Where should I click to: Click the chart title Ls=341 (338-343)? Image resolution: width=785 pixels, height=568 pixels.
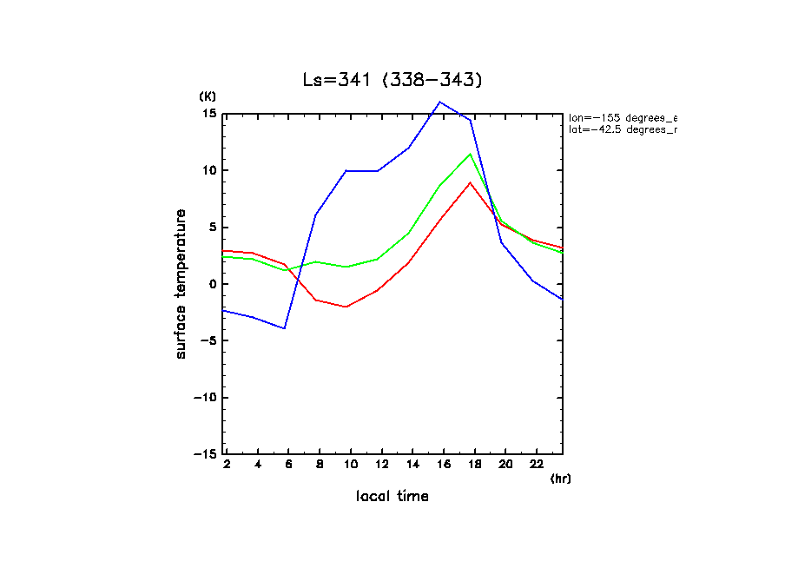tap(392, 80)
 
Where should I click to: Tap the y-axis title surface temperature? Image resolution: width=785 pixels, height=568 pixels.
tap(181, 284)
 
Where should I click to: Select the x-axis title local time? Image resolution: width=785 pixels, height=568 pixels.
tap(392, 496)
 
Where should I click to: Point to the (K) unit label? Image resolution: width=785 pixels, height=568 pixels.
tap(208, 96)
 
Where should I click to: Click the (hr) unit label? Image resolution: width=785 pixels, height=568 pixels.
tap(560, 478)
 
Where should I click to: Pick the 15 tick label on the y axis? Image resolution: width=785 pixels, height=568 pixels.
tap(208, 114)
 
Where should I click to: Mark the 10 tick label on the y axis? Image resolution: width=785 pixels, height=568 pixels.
tap(208, 170)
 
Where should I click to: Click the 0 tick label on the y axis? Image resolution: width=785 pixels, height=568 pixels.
tap(212, 284)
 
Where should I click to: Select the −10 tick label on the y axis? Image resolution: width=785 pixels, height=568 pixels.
tap(204, 398)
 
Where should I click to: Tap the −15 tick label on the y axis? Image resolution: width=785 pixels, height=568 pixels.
tap(204, 454)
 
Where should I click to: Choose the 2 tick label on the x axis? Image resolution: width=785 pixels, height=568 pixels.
tap(227, 465)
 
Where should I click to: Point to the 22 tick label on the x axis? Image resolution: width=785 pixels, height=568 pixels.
tap(537, 465)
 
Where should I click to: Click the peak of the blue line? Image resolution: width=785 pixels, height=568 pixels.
tap(440, 102)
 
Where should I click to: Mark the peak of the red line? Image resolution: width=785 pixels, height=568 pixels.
tap(470, 182)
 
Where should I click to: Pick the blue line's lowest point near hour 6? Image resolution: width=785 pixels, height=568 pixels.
tap(284, 328)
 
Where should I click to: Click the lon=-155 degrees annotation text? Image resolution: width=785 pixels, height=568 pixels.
tap(622, 117)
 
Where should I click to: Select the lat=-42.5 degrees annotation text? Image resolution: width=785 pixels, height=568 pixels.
tap(622, 129)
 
